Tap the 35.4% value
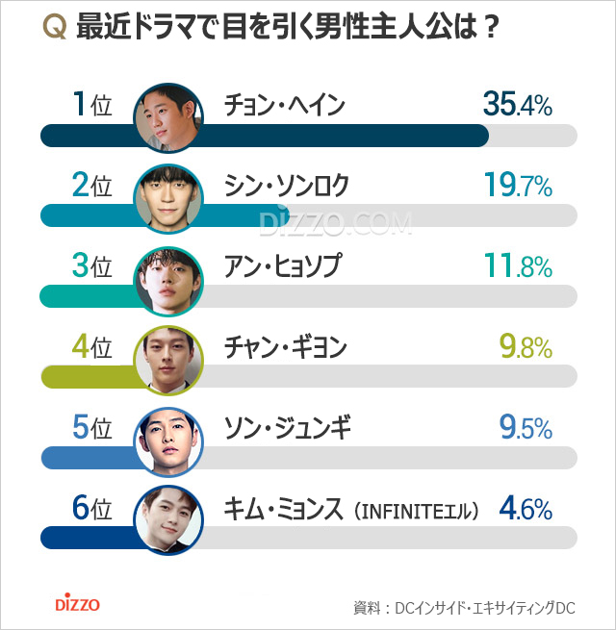tap(517, 104)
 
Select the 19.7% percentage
tap(518, 186)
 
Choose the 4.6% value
tap(525, 508)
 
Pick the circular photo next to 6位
tap(168, 519)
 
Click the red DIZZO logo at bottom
tap(77, 605)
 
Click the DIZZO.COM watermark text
tap(335, 223)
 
